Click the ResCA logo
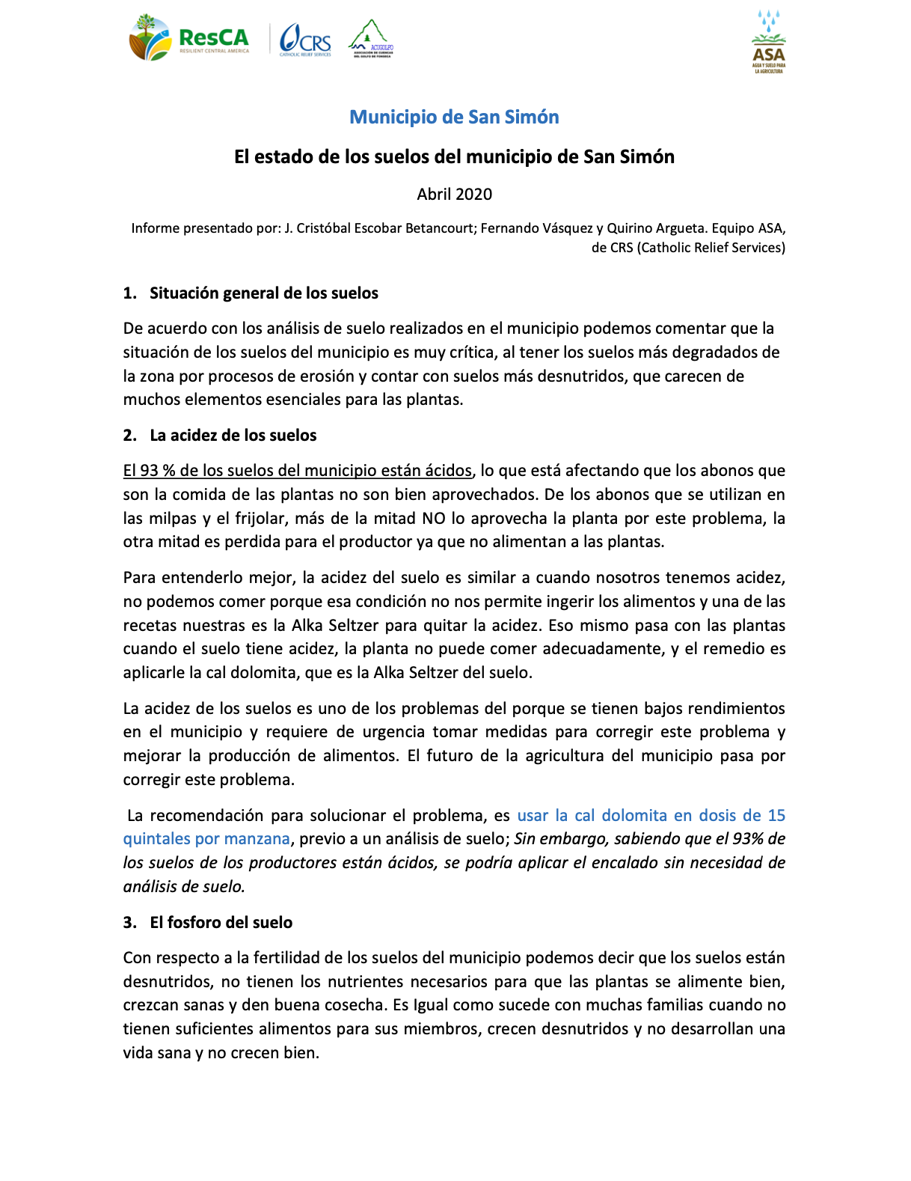189,38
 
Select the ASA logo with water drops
768,42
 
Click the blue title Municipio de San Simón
454,118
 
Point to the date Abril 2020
454,195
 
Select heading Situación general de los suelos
263,293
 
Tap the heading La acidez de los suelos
233,436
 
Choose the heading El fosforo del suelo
221,923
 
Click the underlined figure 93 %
158,471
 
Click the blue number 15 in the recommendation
776,816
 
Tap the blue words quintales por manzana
206,839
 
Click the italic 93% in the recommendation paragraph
748,839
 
